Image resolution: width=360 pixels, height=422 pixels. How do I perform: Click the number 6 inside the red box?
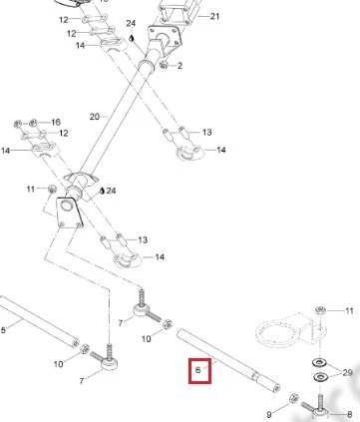click(198, 369)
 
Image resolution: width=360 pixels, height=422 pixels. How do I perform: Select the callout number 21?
click(214, 16)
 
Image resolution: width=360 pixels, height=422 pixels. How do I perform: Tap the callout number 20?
click(95, 117)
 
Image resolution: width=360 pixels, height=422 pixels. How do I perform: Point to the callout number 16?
click(56, 122)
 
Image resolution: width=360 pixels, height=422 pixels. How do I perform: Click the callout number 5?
click(3, 330)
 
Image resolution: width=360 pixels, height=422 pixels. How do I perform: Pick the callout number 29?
click(347, 373)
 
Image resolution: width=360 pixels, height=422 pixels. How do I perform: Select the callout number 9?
click(269, 414)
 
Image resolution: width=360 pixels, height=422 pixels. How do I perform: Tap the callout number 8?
click(349, 414)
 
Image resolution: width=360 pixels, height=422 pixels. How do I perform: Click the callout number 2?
click(180, 66)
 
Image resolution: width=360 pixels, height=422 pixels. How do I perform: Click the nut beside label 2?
click(164, 65)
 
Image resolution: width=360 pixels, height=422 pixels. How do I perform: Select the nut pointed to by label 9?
click(293, 398)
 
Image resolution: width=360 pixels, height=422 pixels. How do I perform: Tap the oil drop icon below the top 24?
click(132, 38)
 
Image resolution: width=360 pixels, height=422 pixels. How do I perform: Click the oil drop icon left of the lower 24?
click(102, 191)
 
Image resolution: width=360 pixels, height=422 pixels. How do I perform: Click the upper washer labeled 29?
click(319, 362)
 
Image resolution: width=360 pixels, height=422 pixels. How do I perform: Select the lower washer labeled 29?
click(320, 377)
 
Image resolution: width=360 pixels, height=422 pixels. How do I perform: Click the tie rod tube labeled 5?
click(39, 321)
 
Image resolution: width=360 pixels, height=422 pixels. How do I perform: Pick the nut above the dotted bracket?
click(320, 310)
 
